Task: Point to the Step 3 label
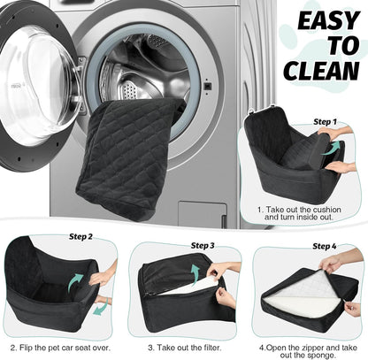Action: click(203, 244)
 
